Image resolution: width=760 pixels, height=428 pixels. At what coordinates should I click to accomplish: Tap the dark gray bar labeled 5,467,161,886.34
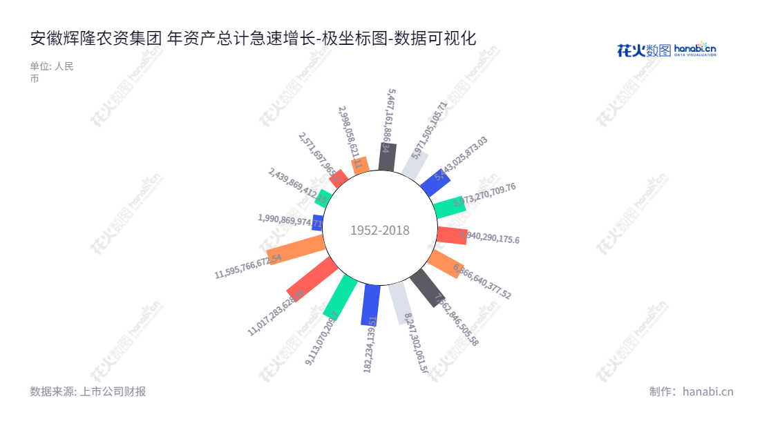click(x=387, y=157)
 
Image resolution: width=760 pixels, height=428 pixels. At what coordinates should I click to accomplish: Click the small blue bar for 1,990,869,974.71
click(x=318, y=222)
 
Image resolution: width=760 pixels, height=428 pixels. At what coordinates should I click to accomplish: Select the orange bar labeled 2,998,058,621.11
click(x=360, y=165)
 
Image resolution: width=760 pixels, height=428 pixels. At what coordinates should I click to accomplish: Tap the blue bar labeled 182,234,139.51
click(x=370, y=304)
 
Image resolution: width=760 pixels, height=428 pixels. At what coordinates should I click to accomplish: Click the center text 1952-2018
click(x=379, y=231)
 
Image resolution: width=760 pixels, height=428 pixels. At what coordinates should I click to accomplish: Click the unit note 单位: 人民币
click(x=51, y=72)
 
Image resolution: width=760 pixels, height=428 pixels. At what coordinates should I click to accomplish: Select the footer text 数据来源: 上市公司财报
click(x=88, y=391)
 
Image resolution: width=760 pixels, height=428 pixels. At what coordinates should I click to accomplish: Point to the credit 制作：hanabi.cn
click(x=691, y=391)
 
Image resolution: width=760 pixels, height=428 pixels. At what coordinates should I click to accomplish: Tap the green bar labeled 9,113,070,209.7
click(x=339, y=296)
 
